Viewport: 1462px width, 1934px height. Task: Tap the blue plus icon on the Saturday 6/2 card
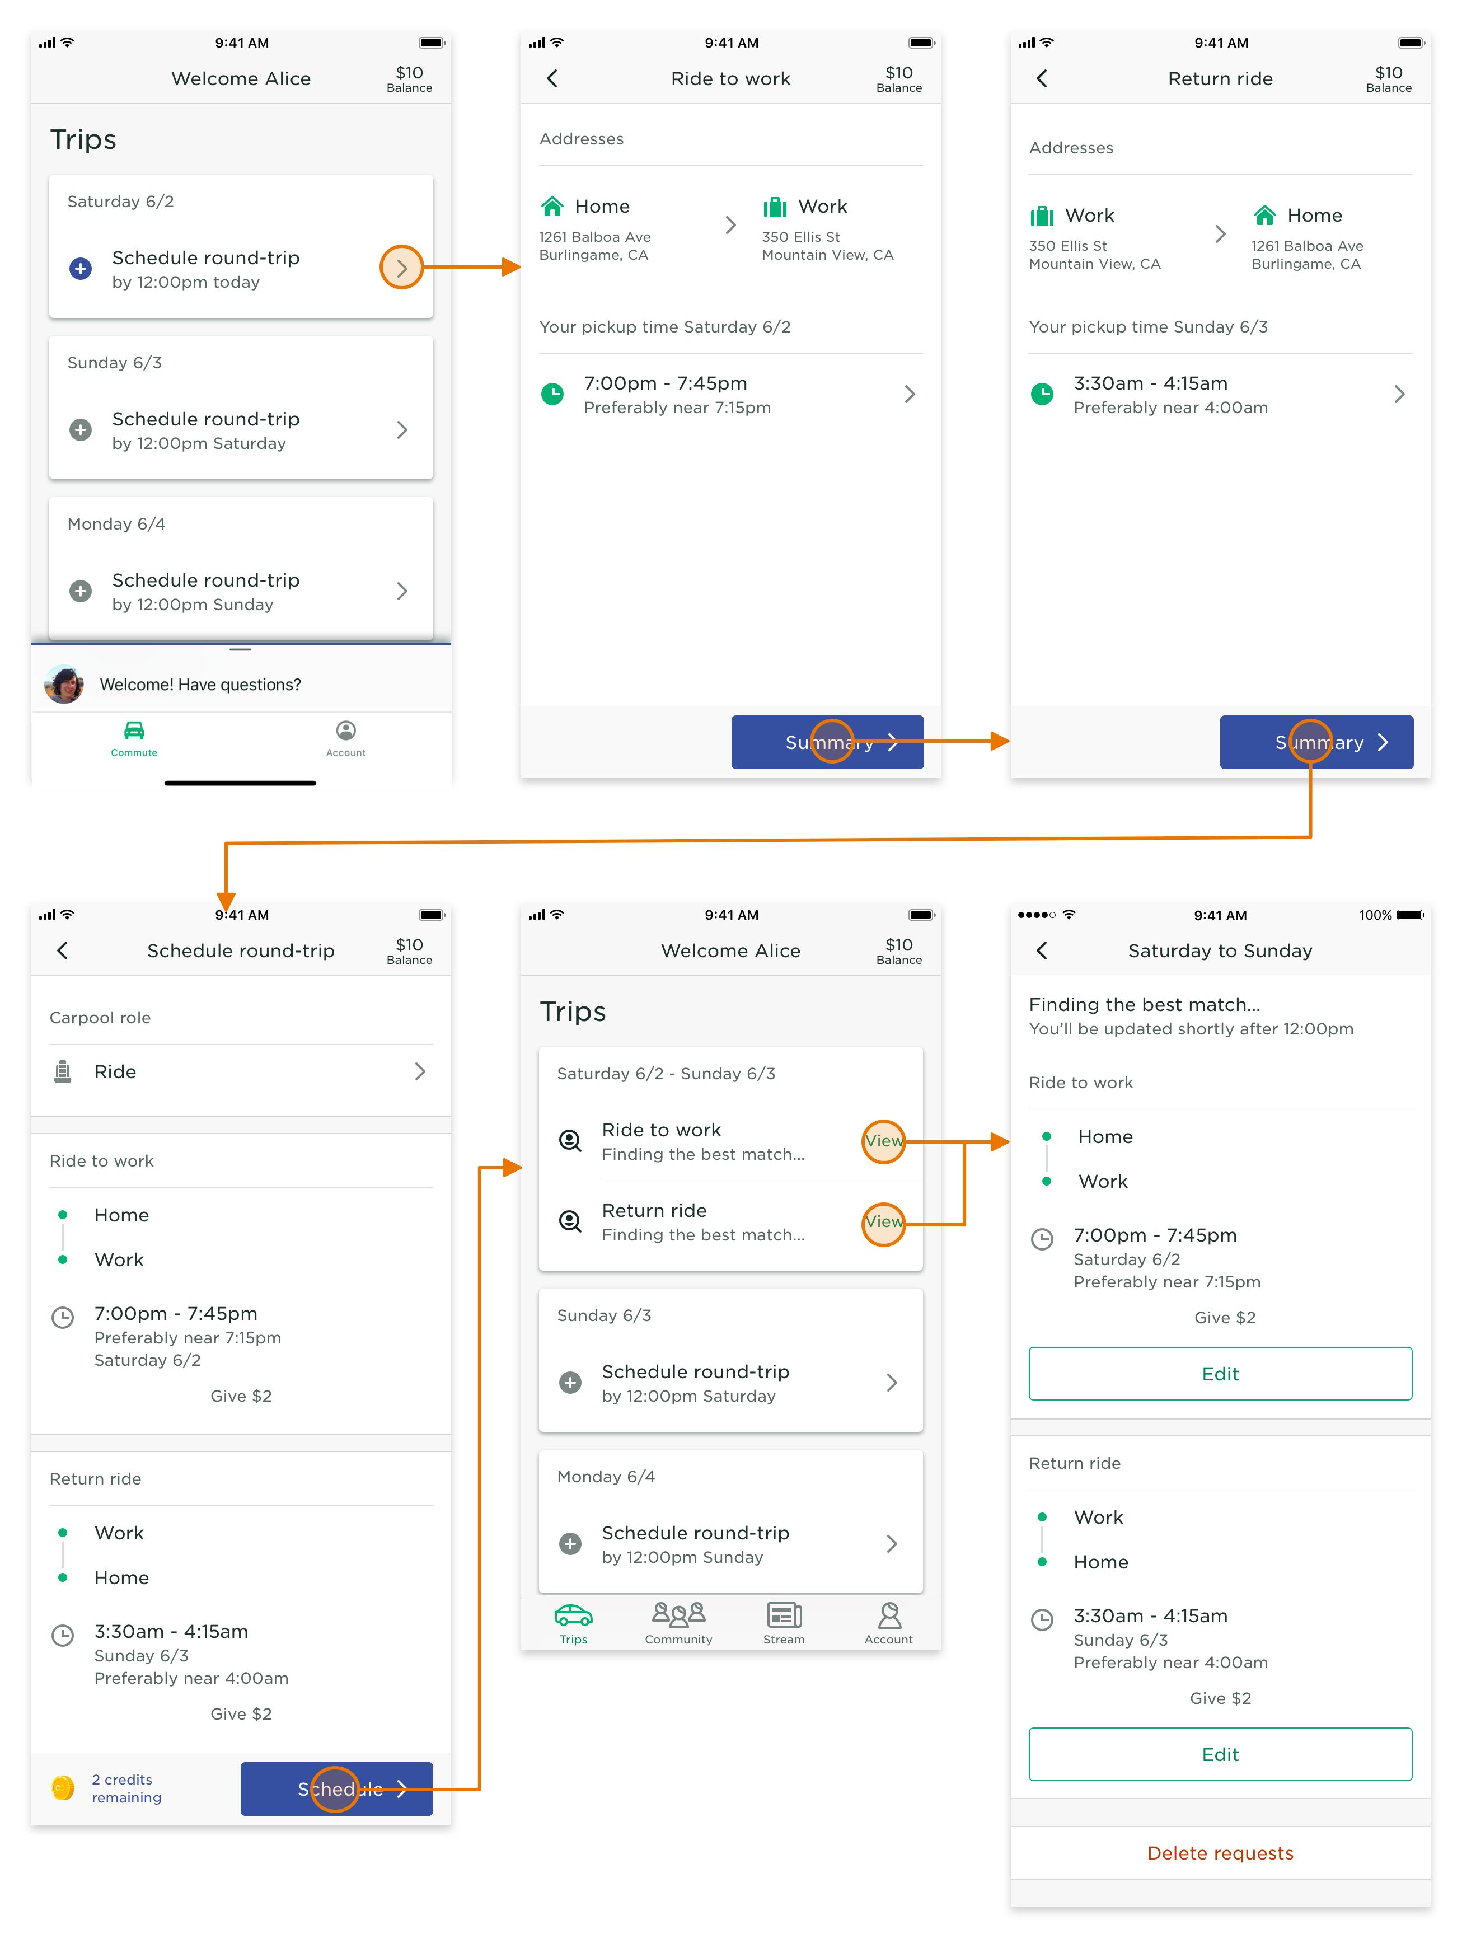coord(81,269)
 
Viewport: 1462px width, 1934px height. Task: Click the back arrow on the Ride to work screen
coord(552,79)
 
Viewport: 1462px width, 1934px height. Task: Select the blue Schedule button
coord(336,1789)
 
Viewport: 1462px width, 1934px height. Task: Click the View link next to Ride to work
coord(884,1141)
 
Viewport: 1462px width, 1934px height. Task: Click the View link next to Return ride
coord(884,1221)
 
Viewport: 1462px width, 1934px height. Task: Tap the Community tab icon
coord(678,1614)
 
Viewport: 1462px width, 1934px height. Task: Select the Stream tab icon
coord(784,1615)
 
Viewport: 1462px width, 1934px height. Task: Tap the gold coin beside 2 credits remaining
coord(63,1788)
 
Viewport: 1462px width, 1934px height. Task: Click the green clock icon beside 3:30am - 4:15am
coord(1042,394)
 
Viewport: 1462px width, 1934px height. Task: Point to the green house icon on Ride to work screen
coord(552,207)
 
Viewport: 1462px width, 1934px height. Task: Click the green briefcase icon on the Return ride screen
coord(1042,216)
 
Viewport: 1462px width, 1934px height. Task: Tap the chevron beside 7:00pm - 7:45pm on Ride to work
coord(910,394)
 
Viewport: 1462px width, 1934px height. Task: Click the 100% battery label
coord(1375,915)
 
